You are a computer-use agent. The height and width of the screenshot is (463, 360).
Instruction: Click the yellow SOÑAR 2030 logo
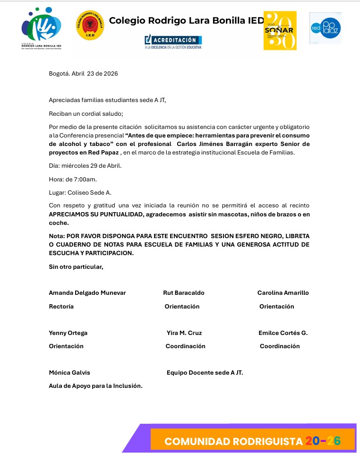[x=280, y=31]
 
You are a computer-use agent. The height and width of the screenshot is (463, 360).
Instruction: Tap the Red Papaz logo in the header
[x=326, y=28]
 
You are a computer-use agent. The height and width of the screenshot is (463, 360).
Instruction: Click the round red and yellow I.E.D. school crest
[x=90, y=25]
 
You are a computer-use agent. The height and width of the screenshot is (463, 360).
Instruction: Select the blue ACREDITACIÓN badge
[x=173, y=41]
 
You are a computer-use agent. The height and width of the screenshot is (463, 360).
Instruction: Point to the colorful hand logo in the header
[x=41, y=28]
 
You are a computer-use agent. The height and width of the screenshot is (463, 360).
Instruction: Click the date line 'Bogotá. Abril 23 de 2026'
[x=83, y=74]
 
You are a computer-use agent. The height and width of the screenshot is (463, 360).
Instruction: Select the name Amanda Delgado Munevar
[x=87, y=293]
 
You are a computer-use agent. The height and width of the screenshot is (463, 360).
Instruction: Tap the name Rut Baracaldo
[x=184, y=293]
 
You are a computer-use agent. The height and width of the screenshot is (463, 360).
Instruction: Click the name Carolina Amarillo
[x=283, y=293]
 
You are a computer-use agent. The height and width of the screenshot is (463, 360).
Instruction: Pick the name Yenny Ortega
[x=68, y=333]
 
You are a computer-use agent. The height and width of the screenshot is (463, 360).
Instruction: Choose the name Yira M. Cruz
[x=184, y=333]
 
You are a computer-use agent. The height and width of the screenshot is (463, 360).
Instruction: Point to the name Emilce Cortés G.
[x=283, y=333]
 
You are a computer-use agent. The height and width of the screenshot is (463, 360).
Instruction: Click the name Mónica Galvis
[x=69, y=373]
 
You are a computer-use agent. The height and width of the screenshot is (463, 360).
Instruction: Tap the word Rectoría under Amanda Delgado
[x=61, y=307]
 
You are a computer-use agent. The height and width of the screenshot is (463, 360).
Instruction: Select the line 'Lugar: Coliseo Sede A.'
[x=80, y=192]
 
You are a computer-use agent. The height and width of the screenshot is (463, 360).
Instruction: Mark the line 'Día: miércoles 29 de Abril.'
[x=85, y=166]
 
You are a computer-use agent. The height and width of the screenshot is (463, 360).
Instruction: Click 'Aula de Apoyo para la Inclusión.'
[x=95, y=386]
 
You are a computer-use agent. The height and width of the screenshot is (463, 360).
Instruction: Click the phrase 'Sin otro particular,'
[x=76, y=267]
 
